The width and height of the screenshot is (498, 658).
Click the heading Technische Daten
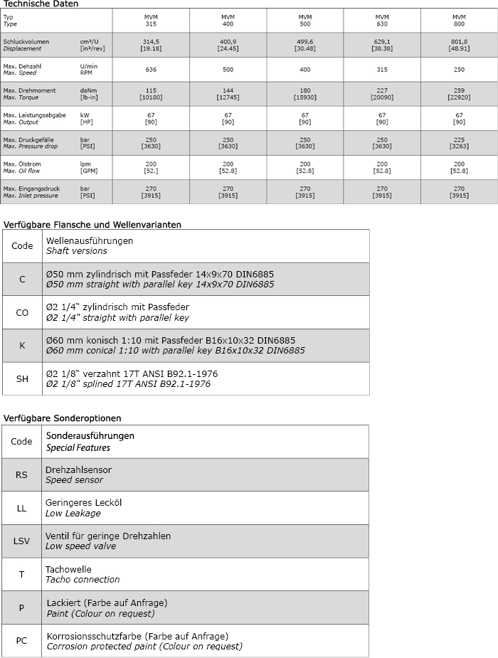pos(41,4)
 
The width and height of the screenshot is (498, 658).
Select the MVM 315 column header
pos(151,20)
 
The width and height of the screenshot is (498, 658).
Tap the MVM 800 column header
pos(459,20)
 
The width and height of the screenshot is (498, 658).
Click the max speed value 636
pos(151,69)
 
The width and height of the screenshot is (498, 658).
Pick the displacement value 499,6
pos(305,42)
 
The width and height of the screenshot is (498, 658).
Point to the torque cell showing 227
pos(382,90)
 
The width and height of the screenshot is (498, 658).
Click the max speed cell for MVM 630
pos(382,69)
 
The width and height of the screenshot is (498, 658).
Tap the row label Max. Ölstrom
pos(22,164)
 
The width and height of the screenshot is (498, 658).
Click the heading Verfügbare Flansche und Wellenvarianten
pos(92,224)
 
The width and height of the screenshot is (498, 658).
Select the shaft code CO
pos(22,312)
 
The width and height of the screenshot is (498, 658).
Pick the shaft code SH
pos(22,378)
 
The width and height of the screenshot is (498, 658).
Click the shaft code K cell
pos(22,345)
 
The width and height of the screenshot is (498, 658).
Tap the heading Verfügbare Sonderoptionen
pos(63,418)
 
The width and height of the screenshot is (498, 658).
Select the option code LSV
pos(22,541)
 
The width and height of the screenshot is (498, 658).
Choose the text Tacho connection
pos(83,579)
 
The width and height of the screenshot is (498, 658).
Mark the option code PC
pos(22,640)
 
